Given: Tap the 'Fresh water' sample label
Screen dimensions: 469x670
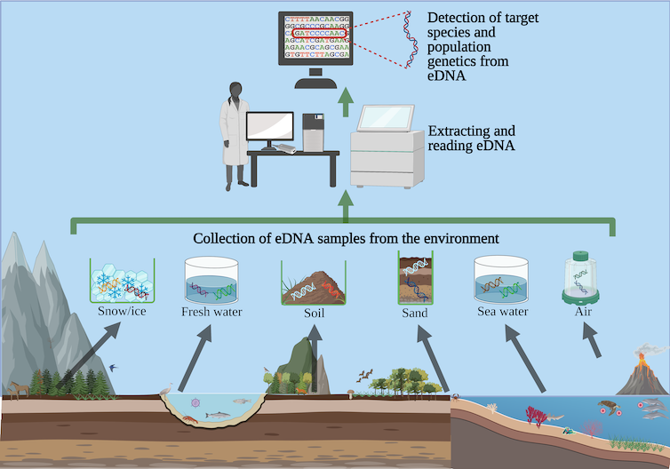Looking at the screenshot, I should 211,313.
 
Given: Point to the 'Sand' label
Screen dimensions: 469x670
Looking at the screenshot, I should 414,313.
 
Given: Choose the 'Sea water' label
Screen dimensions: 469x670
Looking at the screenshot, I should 502,312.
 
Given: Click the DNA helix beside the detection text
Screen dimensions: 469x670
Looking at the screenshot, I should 410,41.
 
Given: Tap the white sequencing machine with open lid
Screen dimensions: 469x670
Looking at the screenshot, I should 386,147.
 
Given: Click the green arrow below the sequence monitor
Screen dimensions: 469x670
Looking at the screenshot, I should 345,105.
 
